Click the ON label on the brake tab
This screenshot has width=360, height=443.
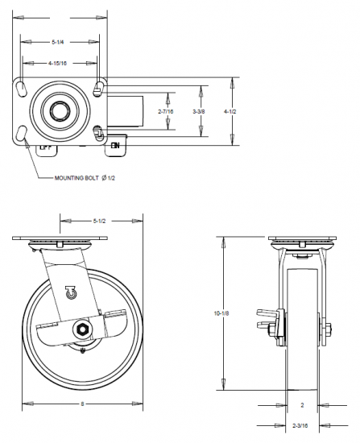tap(116, 145)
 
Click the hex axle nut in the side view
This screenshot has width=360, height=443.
tap(83, 329)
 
